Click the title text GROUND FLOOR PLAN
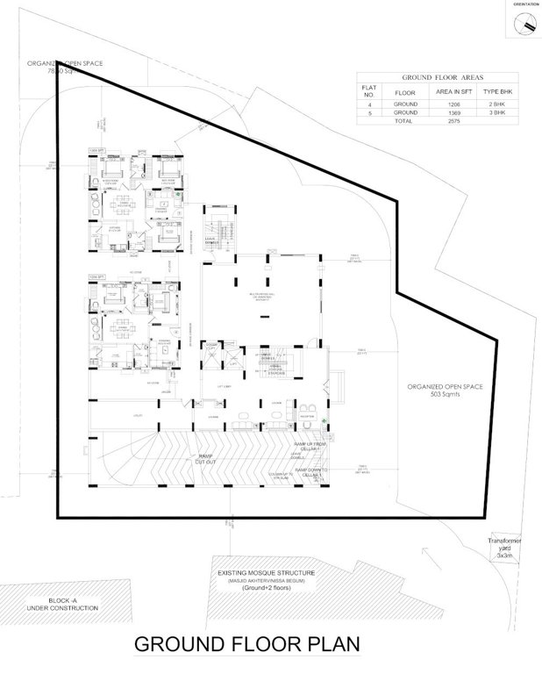point(246,645)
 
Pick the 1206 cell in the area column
point(452,104)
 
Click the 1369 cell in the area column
point(452,113)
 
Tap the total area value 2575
point(452,122)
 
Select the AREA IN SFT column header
point(452,91)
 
